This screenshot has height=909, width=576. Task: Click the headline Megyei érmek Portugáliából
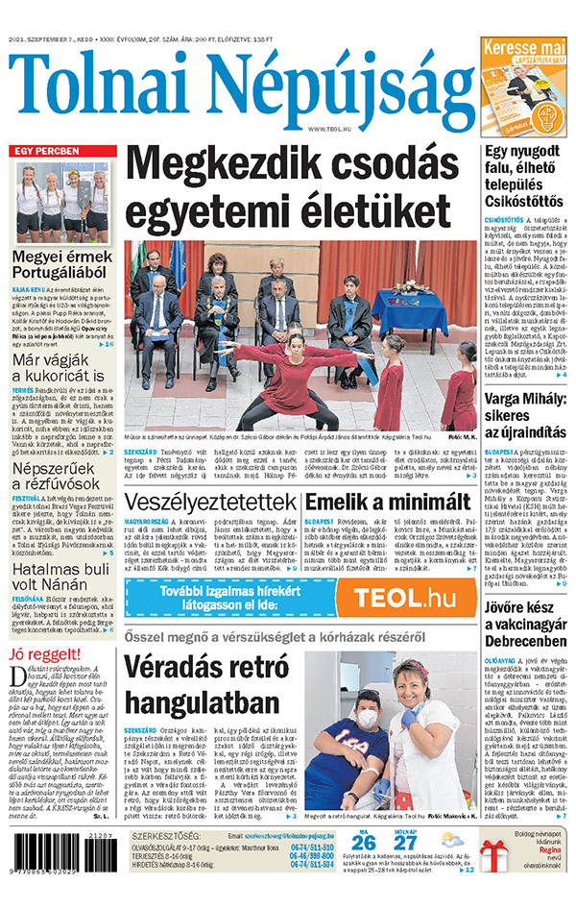pos(62,268)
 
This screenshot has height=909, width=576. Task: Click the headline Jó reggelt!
pos(42,656)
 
